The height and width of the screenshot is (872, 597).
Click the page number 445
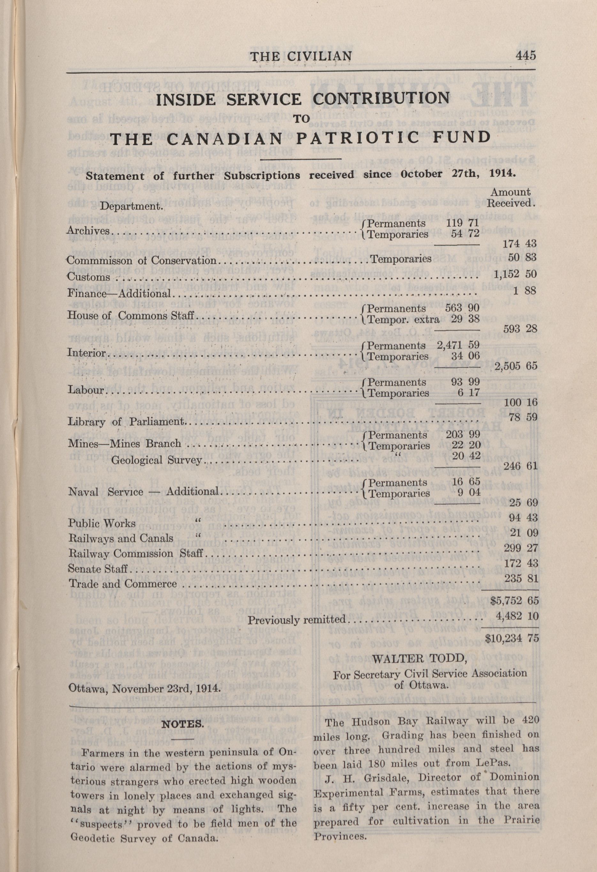[526, 56]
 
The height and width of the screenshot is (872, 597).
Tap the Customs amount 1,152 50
[516, 274]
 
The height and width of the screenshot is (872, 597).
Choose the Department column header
[131, 206]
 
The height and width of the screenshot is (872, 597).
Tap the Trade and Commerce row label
[122, 584]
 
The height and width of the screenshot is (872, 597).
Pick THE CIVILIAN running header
[301, 56]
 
